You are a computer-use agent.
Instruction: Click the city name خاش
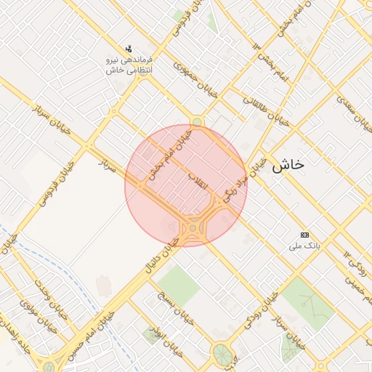[288, 166]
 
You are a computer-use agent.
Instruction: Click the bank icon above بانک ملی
[304, 235]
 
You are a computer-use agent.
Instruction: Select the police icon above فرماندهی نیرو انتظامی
[130, 49]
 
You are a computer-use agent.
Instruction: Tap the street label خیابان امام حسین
[91, 335]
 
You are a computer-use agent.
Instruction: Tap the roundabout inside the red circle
[193, 230]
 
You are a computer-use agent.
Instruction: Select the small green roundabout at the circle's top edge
[197, 121]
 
